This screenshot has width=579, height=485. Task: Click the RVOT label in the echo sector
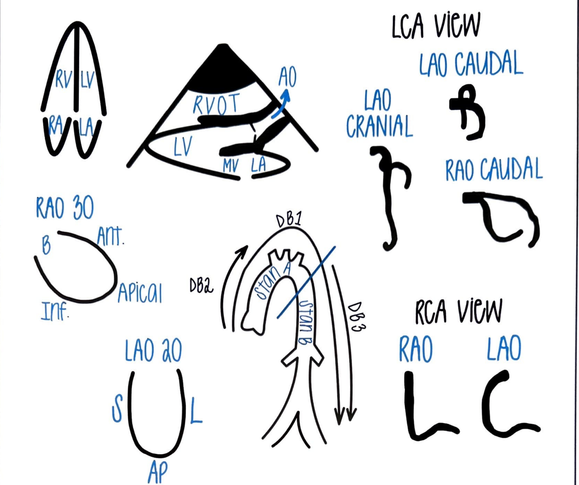216,105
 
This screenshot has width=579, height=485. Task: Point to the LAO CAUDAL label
471,64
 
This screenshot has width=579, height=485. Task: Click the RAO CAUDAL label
493,170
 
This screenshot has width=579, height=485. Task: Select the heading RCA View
458,311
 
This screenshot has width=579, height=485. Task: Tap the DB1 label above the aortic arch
289,220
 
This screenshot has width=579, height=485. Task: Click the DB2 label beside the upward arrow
201,285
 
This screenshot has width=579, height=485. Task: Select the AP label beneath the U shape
157,472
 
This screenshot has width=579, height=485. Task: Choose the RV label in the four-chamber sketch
64,79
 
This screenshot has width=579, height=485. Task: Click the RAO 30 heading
65,208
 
